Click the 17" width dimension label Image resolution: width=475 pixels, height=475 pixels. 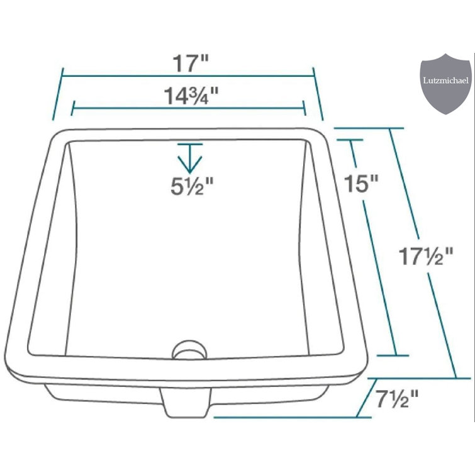click(x=191, y=63)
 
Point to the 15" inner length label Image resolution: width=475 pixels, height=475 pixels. click(x=362, y=184)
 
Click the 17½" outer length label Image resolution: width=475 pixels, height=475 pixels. click(x=427, y=257)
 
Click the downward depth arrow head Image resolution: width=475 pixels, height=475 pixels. click(x=190, y=165)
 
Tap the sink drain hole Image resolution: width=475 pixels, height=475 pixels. click(x=188, y=349)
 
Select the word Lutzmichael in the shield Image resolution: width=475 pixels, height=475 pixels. click(x=445, y=81)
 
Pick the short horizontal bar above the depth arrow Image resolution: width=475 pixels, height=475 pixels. click(x=190, y=145)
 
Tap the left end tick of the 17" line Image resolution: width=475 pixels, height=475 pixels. click(x=57, y=96)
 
